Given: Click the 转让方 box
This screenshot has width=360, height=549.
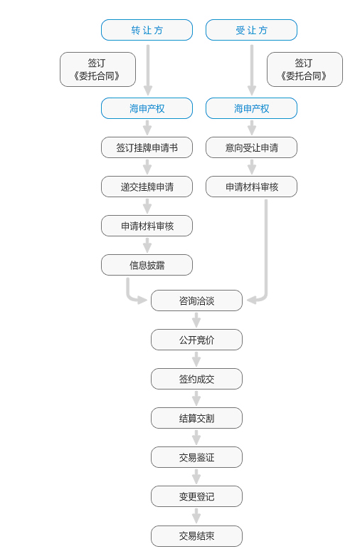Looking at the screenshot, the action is click(147, 30).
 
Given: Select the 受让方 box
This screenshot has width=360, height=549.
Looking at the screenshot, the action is click(252, 30).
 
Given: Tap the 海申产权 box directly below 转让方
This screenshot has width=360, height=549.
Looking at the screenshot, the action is click(147, 108).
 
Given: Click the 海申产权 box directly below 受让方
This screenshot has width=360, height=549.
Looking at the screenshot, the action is click(252, 108).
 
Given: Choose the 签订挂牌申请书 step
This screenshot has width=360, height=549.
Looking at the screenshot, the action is click(147, 148).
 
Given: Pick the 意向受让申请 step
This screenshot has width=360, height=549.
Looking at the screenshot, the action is click(252, 148).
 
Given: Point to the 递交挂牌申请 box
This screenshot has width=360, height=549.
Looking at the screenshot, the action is click(147, 187).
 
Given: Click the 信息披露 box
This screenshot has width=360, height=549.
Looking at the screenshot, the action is click(147, 265).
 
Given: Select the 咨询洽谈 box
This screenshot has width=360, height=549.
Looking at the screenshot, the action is click(196, 300).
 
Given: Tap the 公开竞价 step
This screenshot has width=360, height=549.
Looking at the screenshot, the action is click(196, 340).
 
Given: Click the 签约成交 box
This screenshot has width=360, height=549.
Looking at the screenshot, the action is click(196, 380).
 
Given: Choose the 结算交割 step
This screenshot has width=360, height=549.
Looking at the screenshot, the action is click(196, 419).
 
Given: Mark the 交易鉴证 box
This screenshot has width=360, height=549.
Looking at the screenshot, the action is click(196, 457).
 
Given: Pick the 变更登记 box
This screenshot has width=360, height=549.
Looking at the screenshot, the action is click(196, 496).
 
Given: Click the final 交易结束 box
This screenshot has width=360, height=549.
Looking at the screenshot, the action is click(196, 535).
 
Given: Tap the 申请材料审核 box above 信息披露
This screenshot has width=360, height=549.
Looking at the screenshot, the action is click(147, 226).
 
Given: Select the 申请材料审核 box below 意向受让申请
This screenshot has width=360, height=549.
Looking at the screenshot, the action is click(252, 187).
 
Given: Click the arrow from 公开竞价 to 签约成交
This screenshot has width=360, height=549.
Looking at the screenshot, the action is click(196, 359).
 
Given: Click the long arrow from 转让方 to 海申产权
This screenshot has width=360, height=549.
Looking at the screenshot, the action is click(148, 70).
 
